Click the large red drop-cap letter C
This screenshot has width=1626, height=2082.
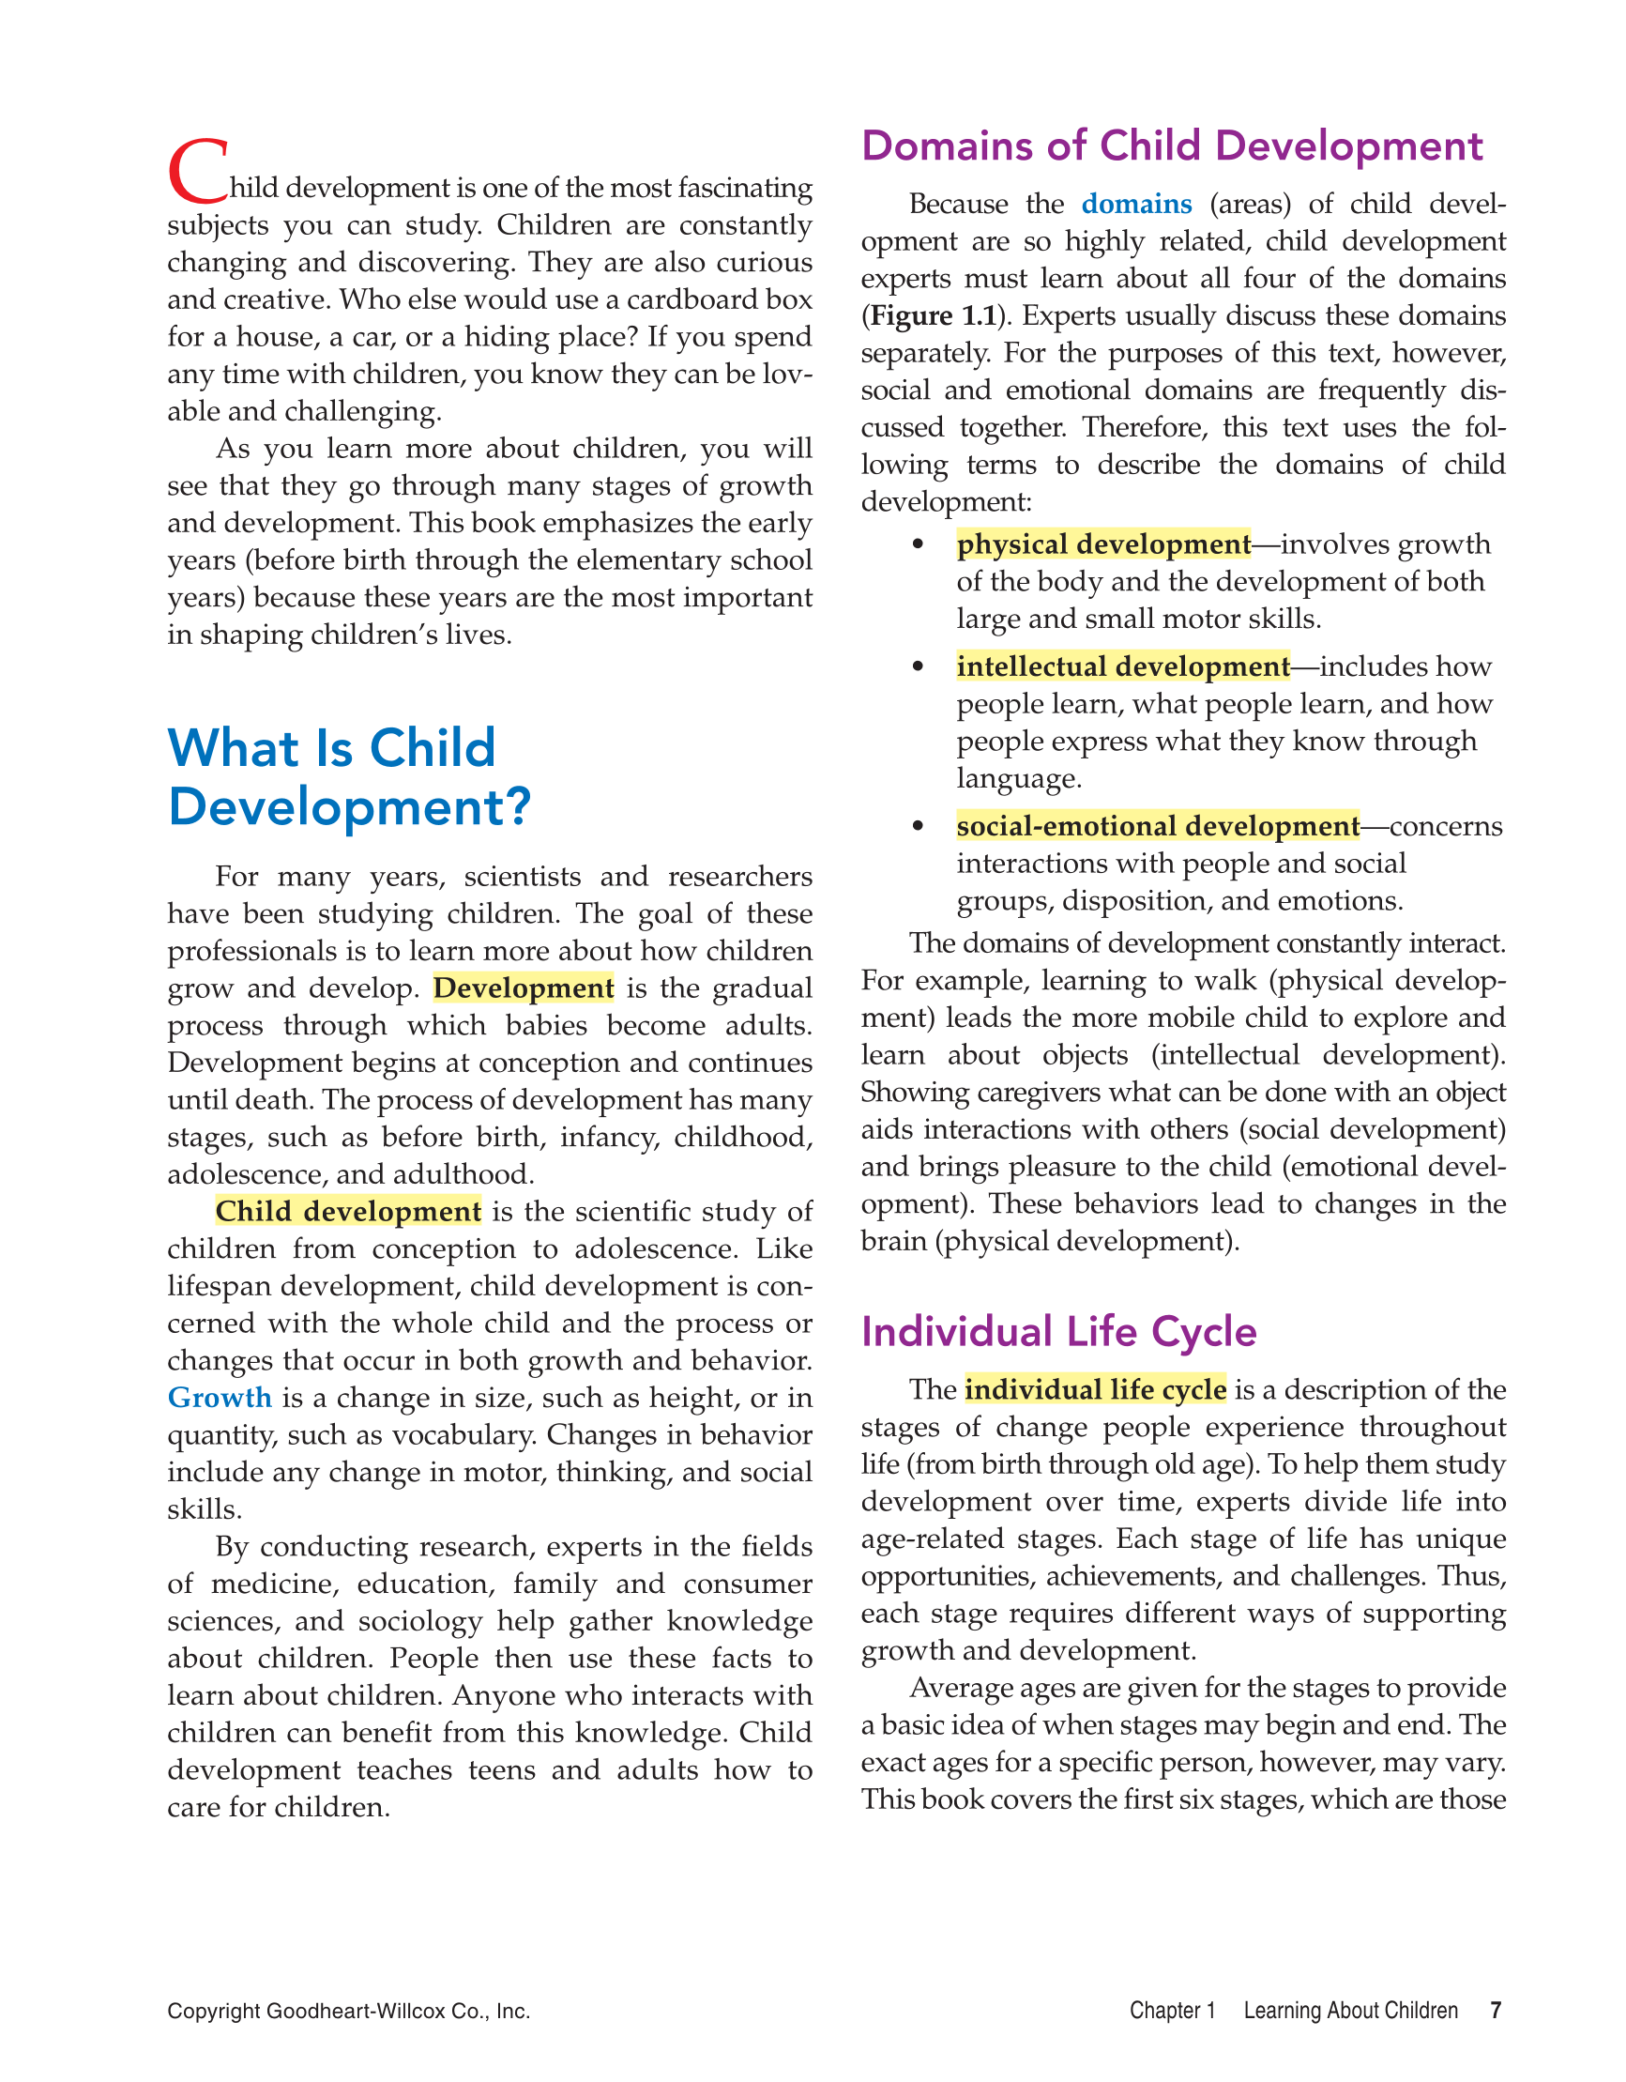[197, 172]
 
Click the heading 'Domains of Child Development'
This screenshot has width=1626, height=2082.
[1171, 146]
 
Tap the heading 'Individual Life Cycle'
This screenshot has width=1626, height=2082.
[1059, 1332]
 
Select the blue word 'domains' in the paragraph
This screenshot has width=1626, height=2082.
[1136, 204]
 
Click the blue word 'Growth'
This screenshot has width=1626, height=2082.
[220, 1398]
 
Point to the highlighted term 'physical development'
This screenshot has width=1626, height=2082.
[1102, 544]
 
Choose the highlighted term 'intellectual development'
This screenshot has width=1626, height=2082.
[1123, 666]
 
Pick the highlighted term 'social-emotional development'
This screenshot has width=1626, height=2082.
[1158, 825]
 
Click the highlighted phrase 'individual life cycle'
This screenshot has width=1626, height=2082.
[1095, 1390]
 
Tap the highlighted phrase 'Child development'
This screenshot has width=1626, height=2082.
[348, 1212]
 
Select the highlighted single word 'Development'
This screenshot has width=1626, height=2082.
[524, 988]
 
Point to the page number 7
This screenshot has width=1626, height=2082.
[1496, 2011]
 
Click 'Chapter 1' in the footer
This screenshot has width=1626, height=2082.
[1172, 2011]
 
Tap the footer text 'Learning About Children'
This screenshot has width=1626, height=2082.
[1350, 2011]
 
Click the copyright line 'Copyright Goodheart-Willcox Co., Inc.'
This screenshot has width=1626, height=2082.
[349, 2012]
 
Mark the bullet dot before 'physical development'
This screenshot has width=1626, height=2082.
[918, 544]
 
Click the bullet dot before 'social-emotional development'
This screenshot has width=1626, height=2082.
[918, 825]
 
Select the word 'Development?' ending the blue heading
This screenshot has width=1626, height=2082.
[349, 807]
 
